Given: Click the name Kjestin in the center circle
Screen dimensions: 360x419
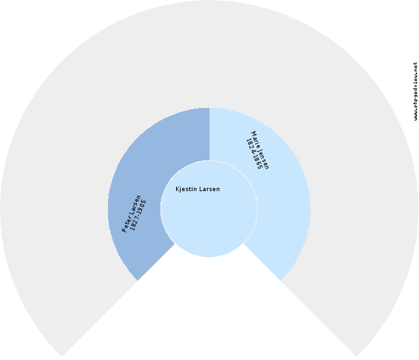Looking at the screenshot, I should click(186, 189).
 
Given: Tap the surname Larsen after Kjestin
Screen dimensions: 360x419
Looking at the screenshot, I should click(209, 189).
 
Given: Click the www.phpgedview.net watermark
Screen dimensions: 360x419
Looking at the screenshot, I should click(415, 91).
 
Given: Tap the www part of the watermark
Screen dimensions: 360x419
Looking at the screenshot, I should click(415, 115).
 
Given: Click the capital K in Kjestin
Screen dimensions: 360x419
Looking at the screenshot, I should click(177, 189).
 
